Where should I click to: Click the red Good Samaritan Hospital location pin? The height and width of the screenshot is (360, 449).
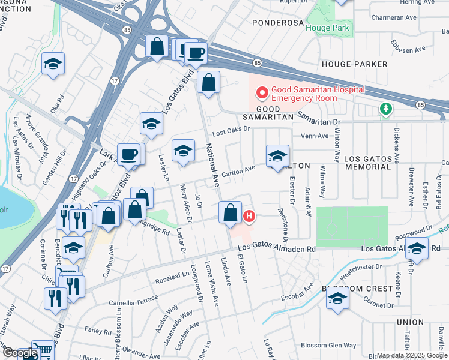pos(262,93)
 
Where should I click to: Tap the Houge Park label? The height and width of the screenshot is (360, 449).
pos(327,28)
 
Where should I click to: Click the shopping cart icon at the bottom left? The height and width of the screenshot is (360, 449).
pos(43,351)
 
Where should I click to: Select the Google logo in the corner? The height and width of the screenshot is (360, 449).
pos(19,353)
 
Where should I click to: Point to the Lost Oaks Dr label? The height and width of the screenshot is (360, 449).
pos(231,130)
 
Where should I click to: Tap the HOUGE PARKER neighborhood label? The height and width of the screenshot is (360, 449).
pos(352,64)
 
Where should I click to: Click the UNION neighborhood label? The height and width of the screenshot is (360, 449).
pos(411,322)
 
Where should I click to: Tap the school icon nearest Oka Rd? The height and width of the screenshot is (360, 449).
pos(53,64)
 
